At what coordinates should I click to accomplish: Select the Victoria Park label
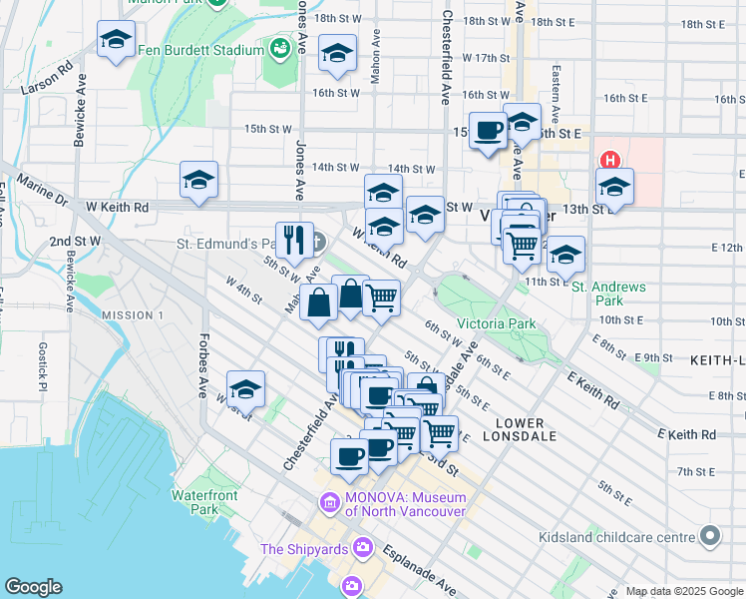point(496,323)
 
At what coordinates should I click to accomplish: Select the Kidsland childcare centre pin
point(710,537)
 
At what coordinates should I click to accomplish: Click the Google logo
point(33,587)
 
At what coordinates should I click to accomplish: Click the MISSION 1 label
point(133,315)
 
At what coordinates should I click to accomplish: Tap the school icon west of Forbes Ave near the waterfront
point(245,389)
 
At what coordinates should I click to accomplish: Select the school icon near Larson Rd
point(117,41)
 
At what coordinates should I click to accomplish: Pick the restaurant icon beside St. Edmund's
point(294,240)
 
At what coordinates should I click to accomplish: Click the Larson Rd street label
point(51,81)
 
